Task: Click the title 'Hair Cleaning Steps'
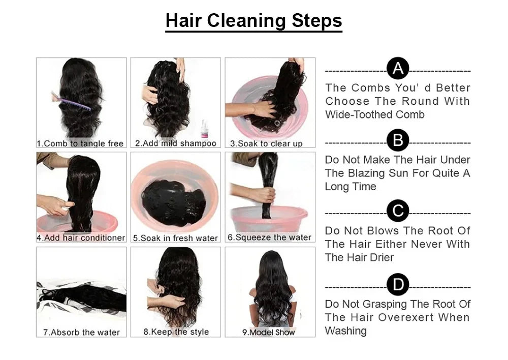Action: coord(253,21)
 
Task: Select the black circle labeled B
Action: coord(398,140)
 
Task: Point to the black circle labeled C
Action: coord(398,211)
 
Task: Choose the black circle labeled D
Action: coord(398,284)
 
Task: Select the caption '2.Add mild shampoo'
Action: coord(176,143)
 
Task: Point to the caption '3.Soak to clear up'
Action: coord(266,143)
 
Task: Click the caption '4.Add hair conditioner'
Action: coord(81,237)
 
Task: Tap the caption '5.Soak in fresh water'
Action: coord(175,238)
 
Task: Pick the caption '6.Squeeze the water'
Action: coord(269,237)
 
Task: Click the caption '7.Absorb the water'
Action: coord(81,332)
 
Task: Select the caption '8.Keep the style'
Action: coord(176,332)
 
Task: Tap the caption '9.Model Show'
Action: coord(268,332)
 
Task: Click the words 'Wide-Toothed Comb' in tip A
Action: coord(375,114)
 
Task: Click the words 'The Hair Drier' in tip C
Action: coord(359,257)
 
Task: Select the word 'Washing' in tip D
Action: coord(345,331)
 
